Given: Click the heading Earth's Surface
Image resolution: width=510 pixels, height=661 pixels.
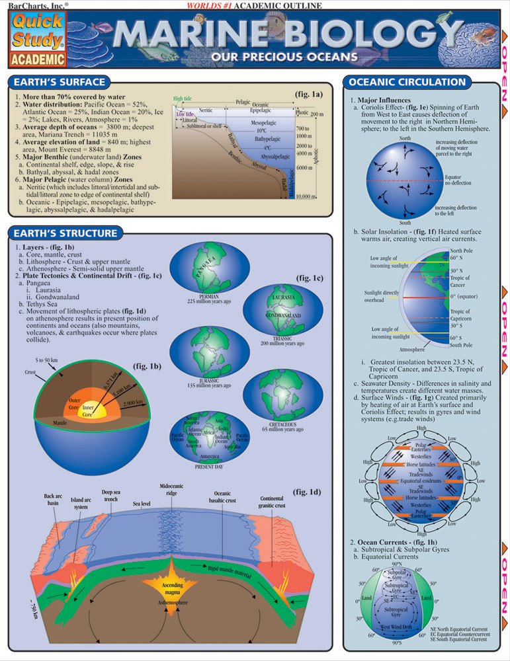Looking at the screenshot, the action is click(x=58, y=83).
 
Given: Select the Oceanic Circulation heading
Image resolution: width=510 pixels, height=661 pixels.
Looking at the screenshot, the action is click(x=407, y=83).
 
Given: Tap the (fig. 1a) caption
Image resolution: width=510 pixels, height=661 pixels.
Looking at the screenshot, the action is click(x=308, y=95).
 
